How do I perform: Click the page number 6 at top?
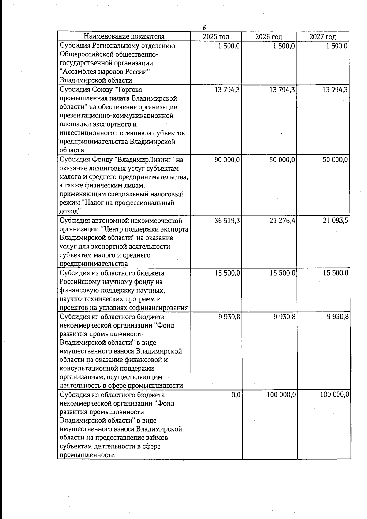click(x=204, y=28)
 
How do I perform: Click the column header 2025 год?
click(x=216, y=37)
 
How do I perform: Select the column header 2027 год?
click(x=323, y=37)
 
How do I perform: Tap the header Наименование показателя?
click(x=124, y=37)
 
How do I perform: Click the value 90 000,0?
click(x=227, y=160)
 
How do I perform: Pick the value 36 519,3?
click(x=227, y=221)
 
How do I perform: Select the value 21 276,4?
click(x=282, y=221)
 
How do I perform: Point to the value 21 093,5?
click(x=335, y=221)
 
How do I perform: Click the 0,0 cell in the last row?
click(x=236, y=395)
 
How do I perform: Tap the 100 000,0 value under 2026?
click(x=280, y=395)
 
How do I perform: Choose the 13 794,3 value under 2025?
click(x=227, y=90)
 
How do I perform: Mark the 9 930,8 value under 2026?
click(x=284, y=317)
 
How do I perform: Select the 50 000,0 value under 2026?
click(x=282, y=160)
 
